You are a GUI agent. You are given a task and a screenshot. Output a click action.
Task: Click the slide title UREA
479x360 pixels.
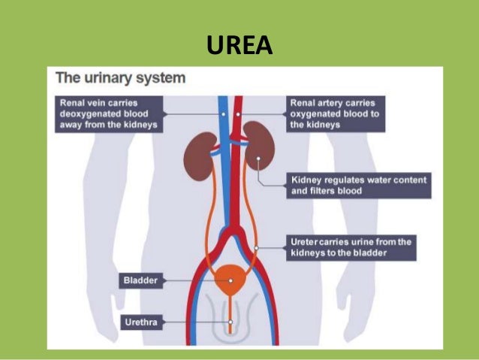click(239, 46)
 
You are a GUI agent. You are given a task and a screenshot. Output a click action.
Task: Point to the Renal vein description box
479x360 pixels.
click(109, 113)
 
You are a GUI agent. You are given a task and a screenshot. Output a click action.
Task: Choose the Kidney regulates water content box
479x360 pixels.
click(357, 185)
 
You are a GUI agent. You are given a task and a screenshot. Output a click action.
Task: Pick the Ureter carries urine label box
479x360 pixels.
click(349, 247)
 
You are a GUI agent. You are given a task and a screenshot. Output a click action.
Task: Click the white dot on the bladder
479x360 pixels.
click(230, 281)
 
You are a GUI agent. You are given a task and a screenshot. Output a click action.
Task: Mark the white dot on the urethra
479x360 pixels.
click(230, 323)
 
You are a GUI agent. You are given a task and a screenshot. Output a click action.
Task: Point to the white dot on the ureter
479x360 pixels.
click(256, 247)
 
